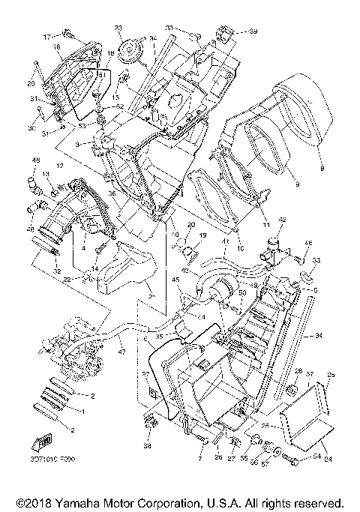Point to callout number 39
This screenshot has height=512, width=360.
coord(253,31)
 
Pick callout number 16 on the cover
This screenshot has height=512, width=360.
coord(56,46)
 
